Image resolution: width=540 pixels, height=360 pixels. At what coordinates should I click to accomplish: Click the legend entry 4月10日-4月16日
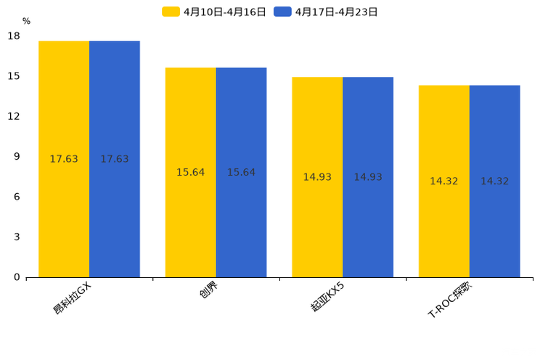214,12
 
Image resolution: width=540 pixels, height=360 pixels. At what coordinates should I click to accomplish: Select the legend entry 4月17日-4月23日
327,12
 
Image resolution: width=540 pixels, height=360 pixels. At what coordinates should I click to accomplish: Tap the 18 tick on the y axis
14,36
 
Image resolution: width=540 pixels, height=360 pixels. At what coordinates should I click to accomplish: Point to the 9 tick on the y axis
17,156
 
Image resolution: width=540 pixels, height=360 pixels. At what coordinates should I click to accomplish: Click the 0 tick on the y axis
17,277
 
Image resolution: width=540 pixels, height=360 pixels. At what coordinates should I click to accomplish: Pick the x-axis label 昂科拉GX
73,298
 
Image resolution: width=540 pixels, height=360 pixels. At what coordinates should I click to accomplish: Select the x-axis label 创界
208,291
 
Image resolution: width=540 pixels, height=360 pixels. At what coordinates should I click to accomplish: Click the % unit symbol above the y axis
26,21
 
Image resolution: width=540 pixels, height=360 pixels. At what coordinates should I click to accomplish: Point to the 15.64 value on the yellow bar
190,172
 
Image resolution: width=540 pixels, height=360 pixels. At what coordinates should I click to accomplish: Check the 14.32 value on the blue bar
494,181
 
